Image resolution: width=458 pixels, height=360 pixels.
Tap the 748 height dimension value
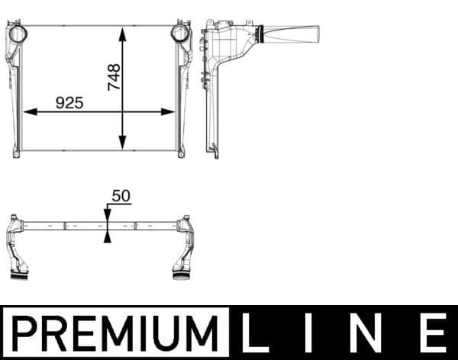pyautogui.click(x=114, y=78)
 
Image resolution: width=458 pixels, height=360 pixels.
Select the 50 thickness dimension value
pyautogui.click(x=121, y=196)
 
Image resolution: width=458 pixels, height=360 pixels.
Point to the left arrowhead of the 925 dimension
pyautogui.click(x=30, y=111)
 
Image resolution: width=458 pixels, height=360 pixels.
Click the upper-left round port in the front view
pyautogui.click(x=16, y=34)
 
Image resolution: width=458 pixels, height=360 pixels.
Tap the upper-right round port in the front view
pyautogui.click(x=180, y=34)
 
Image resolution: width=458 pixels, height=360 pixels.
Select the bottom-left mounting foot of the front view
pyautogui.click(x=16, y=154)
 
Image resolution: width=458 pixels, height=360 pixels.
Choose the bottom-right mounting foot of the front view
pyautogui.click(x=181, y=154)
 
